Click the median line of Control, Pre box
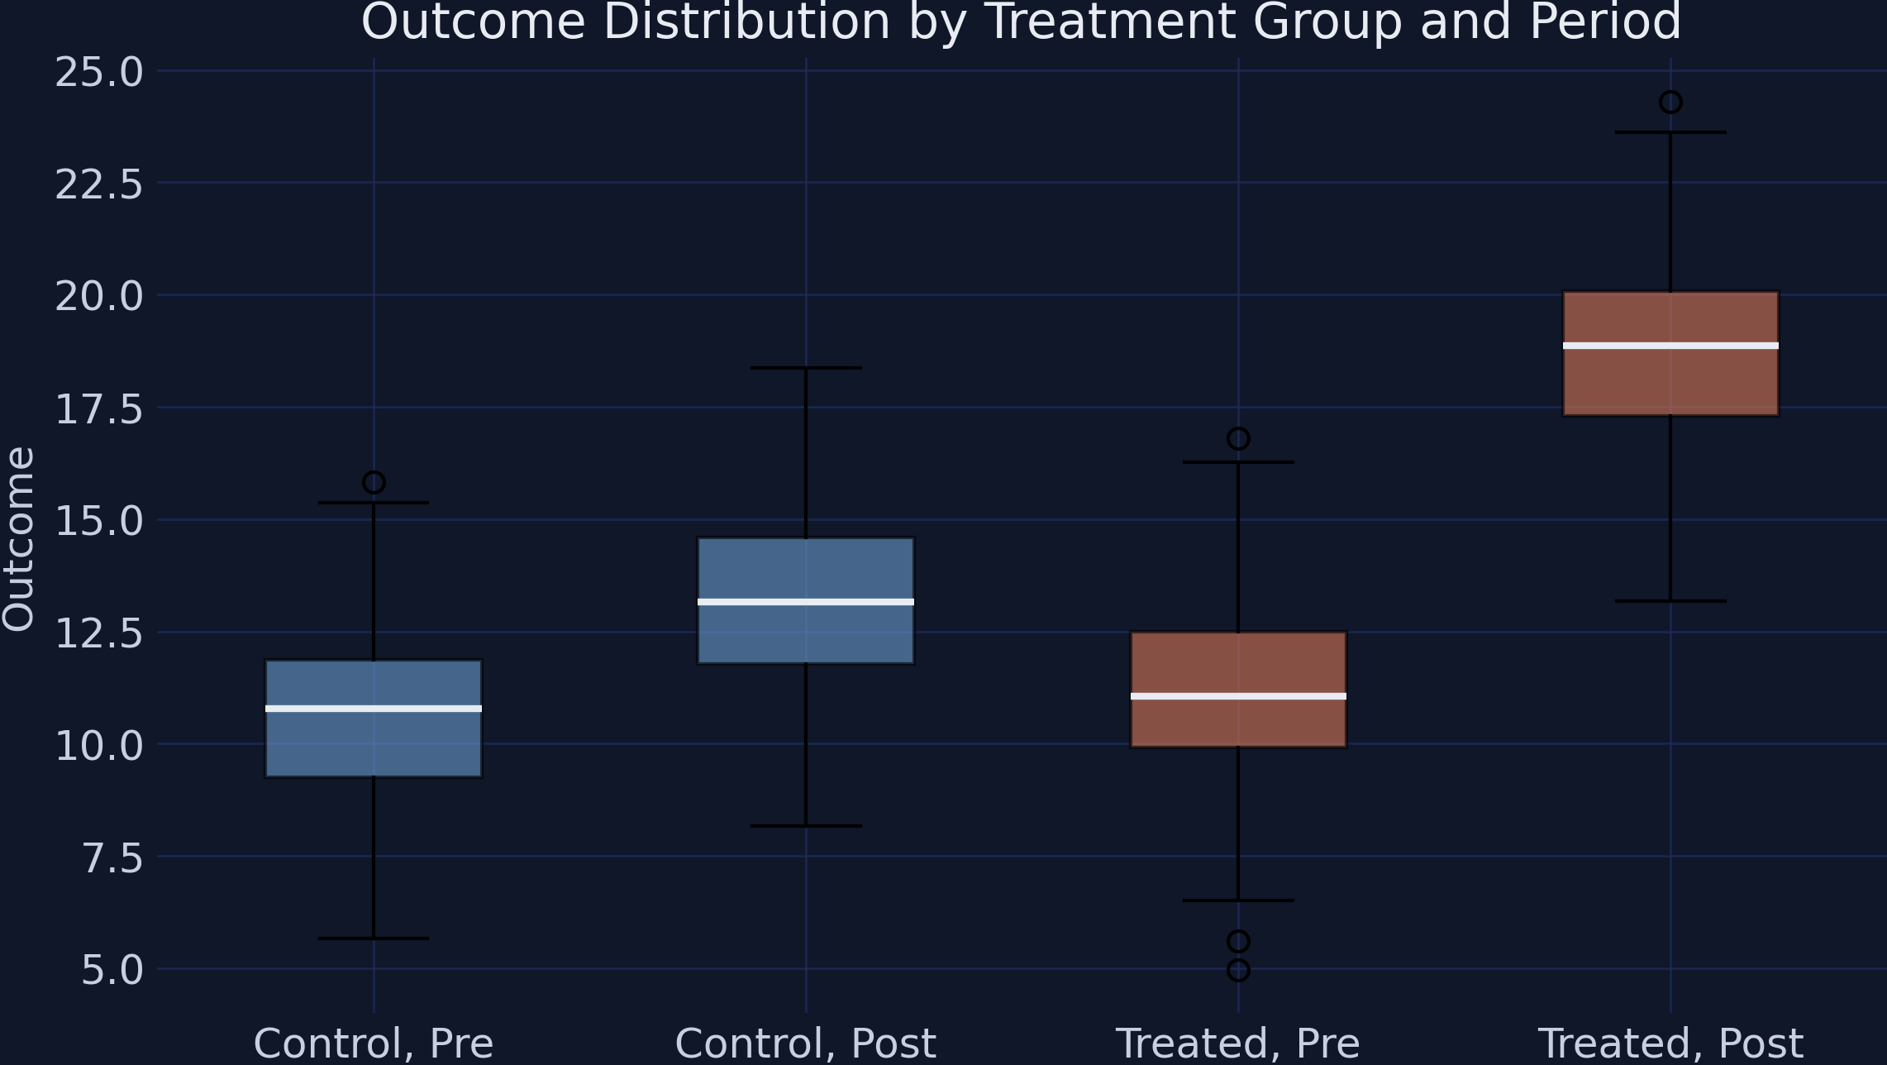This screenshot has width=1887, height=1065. coord(374,709)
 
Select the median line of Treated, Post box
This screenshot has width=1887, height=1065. coord(1670,346)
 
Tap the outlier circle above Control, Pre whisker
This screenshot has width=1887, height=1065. coord(374,482)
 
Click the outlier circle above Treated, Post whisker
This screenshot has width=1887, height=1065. coord(1670,103)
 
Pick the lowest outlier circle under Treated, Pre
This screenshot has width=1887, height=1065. coord(1238,970)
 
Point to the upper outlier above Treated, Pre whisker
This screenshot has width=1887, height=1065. coord(1238,438)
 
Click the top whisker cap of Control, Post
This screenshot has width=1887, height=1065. coord(806,368)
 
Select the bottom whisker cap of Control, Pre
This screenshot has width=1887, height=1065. coord(374,938)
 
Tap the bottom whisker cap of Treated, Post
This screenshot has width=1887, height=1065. coord(1670,601)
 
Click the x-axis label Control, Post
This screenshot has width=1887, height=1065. coord(806,1044)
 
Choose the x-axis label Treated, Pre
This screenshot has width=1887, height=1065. coord(1238,1044)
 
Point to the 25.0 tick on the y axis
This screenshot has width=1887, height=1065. coord(99,73)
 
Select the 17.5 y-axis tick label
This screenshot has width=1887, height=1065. coord(99,409)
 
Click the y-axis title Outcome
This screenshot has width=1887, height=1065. coord(18,538)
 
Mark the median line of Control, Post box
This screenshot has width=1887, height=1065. coord(806,602)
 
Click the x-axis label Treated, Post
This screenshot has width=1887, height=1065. coord(1670,1044)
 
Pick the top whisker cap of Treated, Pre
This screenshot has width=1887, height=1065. coord(1238,462)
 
